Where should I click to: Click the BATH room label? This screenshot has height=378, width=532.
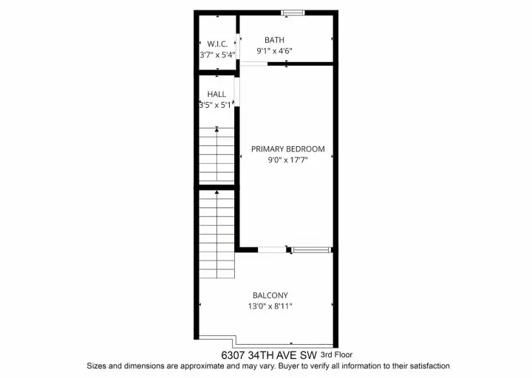pyautogui.click(x=274, y=40)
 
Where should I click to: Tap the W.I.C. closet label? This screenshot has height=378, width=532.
pyautogui.click(x=217, y=44)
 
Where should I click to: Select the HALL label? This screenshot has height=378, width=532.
pyautogui.click(x=216, y=94)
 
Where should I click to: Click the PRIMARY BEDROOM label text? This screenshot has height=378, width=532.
pyautogui.click(x=287, y=149)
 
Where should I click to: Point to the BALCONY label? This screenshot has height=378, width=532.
pyautogui.click(x=270, y=295)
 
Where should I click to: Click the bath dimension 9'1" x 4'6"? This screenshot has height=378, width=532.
pyautogui.click(x=274, y=51)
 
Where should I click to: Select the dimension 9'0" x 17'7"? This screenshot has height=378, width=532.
pyautogui.click(x=287, y=160)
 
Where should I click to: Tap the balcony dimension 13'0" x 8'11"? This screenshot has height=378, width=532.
pyautogui.click(x=270, y=306)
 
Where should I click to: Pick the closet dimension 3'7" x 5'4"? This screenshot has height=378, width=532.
pyautogui.click(x=217, y=55)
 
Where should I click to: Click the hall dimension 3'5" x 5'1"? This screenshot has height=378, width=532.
pyautogui.click(x=216, y=105)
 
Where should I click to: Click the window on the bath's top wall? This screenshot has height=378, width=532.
pyautogui.click(x=293, y=13)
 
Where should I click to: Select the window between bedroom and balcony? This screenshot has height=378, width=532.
pyautogui.click(x=312, y=250)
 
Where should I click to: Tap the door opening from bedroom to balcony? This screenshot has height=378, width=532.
pyautogui.click(x=272, y=250)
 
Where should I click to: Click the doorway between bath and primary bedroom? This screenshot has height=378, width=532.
pyautogui.click(x=253, y=63)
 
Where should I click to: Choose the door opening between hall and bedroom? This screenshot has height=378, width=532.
pyautogui.click(x=237, y=92)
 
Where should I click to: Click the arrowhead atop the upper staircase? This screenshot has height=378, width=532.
pyautogui.click(x=216, y=128)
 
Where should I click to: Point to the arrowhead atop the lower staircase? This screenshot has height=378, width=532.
pyautogui.click(x=216, y=192)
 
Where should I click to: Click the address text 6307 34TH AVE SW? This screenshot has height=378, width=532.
pyautogui.click(x=269, y=355)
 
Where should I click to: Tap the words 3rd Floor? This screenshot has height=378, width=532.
pyautogui.click(x=337, y=355)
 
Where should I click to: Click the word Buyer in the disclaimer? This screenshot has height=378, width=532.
pyautogui.click(x=290, y=366)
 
